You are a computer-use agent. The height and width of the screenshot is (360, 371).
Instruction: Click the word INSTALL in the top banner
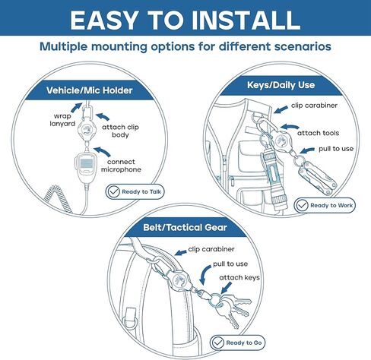pyautogui.click(x=246, y=21)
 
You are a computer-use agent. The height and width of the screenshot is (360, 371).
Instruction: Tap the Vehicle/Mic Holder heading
pyautogui.click(x=90, y=90)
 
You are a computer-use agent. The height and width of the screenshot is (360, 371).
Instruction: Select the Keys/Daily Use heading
pyautogui.click(x=281, y=85)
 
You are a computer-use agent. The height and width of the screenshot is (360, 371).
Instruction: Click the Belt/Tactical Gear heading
pyautogui.click(x=185, y=227)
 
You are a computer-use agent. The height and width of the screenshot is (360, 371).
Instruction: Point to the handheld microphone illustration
pyautogui.click(x=85, y=167)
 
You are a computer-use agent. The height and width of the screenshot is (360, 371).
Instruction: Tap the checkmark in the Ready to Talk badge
pyautogui.click(x=113, y=191)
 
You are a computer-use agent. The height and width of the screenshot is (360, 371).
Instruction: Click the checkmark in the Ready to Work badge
pyautogui.click(x=302, y=205)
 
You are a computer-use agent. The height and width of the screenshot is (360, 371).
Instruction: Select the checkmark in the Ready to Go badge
pyautogui.click(x=217, y=343)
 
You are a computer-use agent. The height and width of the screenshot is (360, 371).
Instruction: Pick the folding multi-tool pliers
pyautogui.click(x=318, y=178)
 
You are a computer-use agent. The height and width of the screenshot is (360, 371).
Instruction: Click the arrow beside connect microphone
pyautogui.click(x=103, y=151)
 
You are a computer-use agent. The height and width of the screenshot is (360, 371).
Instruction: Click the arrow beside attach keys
pyautogui.click(x=227, y=288)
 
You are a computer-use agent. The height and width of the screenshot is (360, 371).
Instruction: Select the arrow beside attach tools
pyautogui.click(x=290, y=127)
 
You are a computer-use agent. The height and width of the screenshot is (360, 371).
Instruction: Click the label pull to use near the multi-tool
pyautogui.click(x=336, y=149)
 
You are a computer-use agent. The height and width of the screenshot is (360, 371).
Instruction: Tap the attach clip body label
pyautogui.click(x=120, y=131)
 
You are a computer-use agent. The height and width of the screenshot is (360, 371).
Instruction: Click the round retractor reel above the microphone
pyautogui.click(x=87, y=130)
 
